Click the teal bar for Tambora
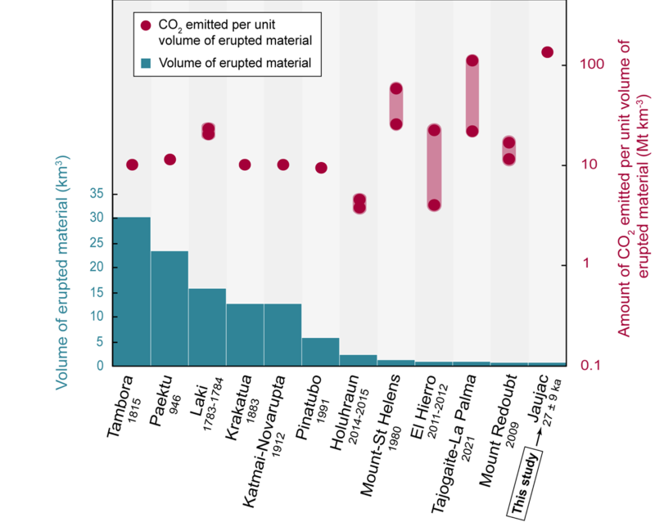click(x=132, y=290)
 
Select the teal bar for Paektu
click(x=169, y=308)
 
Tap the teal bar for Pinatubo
click(x=320, y=351)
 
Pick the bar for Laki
click(x=207, y=326)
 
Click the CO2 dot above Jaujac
click(x=547, y=52)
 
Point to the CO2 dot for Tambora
click(x=132, y=164)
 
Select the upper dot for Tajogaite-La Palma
click(x=472, y=61)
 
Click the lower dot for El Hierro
click(x=434, y=205)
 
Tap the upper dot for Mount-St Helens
click(x=396, y=88)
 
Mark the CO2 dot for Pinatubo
click(x=321, y=168)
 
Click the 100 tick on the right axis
click(x=592, y=64)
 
